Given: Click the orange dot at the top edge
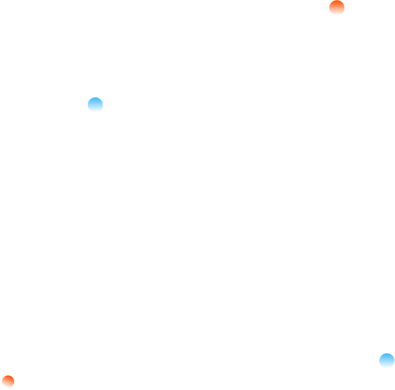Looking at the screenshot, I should (x=336, y=8).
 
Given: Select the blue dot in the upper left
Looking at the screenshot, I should (x=95, y=105).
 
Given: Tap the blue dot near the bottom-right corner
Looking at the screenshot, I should (x=386, y=361).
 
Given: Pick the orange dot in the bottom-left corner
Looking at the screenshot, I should (x=8, y=381).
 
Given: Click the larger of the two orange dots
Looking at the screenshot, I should (x=336, y=8).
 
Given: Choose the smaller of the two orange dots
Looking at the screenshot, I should (x=8, y=381).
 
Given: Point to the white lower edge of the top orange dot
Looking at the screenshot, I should (x=336, y=13).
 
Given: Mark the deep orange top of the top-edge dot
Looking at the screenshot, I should (x=336, y=3).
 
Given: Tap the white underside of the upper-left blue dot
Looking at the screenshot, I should (x=95, y=110).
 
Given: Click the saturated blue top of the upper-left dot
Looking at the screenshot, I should (x=95, y=100).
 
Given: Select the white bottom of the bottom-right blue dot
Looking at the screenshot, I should (x=386, y=366).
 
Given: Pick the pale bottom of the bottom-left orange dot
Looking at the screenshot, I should (x=8, y=386).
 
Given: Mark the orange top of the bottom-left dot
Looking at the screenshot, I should (x=8, y=378).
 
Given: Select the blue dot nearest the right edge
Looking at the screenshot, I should (x=386, y=361).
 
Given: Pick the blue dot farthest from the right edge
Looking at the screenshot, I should (x=95, y=105).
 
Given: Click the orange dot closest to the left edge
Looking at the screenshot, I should (x=8, y=381).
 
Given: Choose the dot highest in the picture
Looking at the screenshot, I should (x=336, y=8).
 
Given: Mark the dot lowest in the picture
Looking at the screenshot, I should (x=8, y=381).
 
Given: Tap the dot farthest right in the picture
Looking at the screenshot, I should (x=386, y=361).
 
